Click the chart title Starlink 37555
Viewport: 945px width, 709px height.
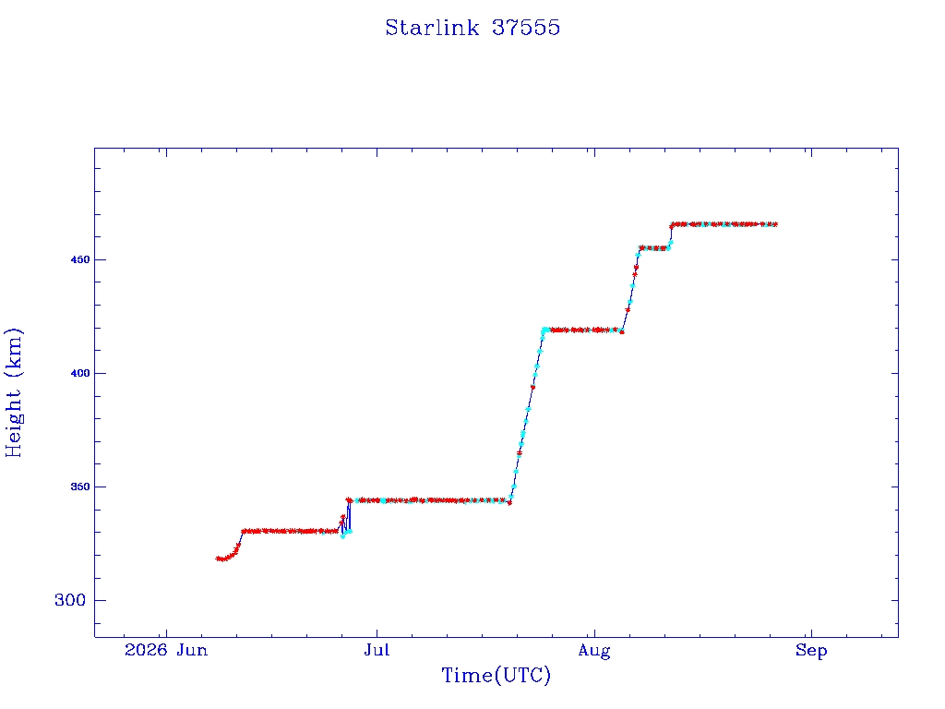pos(472,28)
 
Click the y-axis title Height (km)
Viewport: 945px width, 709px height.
pos(13,392)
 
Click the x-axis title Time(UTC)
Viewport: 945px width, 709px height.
pos(496,675)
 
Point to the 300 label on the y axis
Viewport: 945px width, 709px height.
pos(70,600)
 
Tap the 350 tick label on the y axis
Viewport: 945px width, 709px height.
pos(80,487)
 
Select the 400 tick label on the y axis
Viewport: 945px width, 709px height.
pos(80,373)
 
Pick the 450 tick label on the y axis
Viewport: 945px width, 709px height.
pos(80,259)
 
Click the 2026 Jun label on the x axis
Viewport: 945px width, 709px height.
pos(166,650)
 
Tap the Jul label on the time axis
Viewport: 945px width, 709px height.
pos(377,650)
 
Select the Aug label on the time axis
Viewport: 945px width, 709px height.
pos(594,651)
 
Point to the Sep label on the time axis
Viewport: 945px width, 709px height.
pos(811,651)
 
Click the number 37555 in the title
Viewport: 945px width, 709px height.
pos(526,28)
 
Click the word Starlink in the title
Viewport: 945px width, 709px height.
pos(432,28)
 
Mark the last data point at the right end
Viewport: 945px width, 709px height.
pos(775,224)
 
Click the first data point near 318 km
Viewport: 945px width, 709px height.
pos(218,559)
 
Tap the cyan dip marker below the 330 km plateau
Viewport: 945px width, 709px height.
pos(343,536)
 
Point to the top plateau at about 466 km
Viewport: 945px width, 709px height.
pos(724,224)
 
